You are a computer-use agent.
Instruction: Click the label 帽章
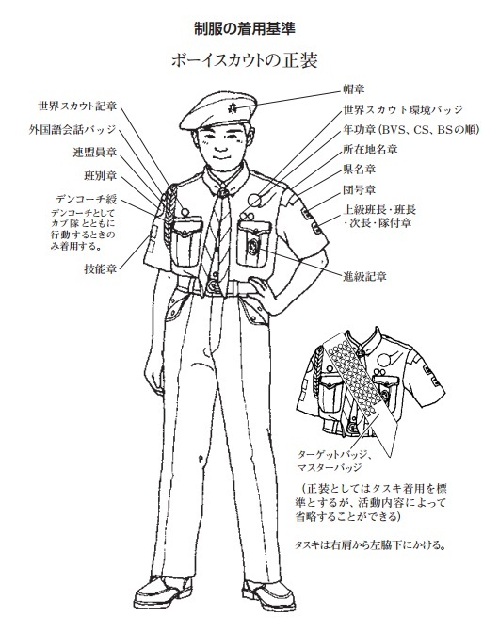coord(353,89)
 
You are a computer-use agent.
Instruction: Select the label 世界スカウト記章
coord(77,106)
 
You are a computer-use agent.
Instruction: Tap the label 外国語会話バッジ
coord(72,130)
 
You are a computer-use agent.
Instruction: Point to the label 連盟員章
coord(95,153)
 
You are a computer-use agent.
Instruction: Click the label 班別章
coord(100,176)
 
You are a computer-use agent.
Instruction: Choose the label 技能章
coord(100,268)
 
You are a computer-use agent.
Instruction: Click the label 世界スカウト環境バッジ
coord(403,109)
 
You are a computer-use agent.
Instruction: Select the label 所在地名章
coord(370,150)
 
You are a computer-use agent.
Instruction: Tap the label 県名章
coord(359,170)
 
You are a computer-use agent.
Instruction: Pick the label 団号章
coord(359,189)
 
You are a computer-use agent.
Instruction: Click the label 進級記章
coord(364,277)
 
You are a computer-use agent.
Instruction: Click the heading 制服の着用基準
coord(245,29)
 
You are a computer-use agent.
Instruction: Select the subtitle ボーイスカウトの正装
coord(245,60)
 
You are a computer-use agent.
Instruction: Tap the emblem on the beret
coord(233,107)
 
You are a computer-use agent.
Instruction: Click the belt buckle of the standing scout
coord(212,286)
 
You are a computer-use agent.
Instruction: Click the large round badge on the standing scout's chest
coord(254,201)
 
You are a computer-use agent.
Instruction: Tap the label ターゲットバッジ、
coord(334,455)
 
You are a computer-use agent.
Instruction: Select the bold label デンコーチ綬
coord(86,199)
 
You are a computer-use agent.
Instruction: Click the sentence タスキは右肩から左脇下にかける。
coord(370,545)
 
